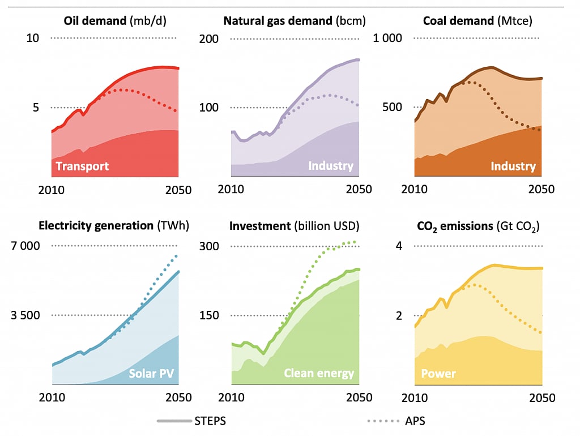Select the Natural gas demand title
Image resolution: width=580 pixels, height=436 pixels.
[295, 21]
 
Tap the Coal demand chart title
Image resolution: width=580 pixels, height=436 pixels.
[477, 21]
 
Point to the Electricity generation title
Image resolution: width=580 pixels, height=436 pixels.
[113, 225]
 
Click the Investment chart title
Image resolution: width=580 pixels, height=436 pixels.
[294, 225]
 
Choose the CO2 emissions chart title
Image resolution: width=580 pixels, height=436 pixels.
[478, 225]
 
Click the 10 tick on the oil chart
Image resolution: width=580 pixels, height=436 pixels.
[33, 38]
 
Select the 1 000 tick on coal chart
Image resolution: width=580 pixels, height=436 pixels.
[387, 38]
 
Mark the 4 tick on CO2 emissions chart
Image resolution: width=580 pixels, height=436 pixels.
[399, 246]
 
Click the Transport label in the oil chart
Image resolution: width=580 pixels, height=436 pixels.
[82, 166]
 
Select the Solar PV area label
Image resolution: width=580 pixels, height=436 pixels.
[151, 374]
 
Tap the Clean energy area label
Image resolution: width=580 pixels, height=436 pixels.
[319, 374]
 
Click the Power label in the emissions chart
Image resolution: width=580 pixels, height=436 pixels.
[438, 374]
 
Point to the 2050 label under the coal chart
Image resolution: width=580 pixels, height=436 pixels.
[541, 189]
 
